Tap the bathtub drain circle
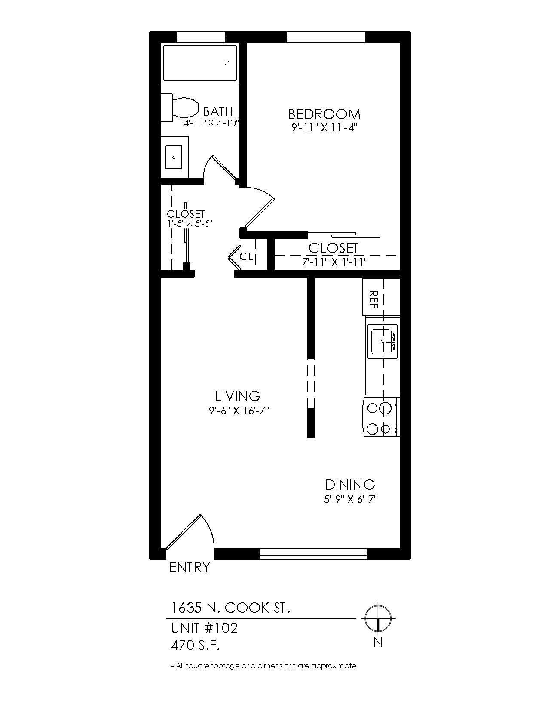[x=227, y=63]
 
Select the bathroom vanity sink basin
[x=174, y=157]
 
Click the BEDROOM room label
[x=324, y=114]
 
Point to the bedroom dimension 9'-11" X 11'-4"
[x=323, y=128]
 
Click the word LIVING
[x=238, y=396]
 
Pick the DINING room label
[x=350, y=485]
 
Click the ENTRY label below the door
[x=190, y=568]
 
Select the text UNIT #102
[x=205, y=628]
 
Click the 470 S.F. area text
[x=195, y=645]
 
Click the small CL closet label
[x=246, y=256]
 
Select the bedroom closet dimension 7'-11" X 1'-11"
[x=335, y=262]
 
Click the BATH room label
[x=218, y=111]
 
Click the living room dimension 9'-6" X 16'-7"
[x=239, y=411]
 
